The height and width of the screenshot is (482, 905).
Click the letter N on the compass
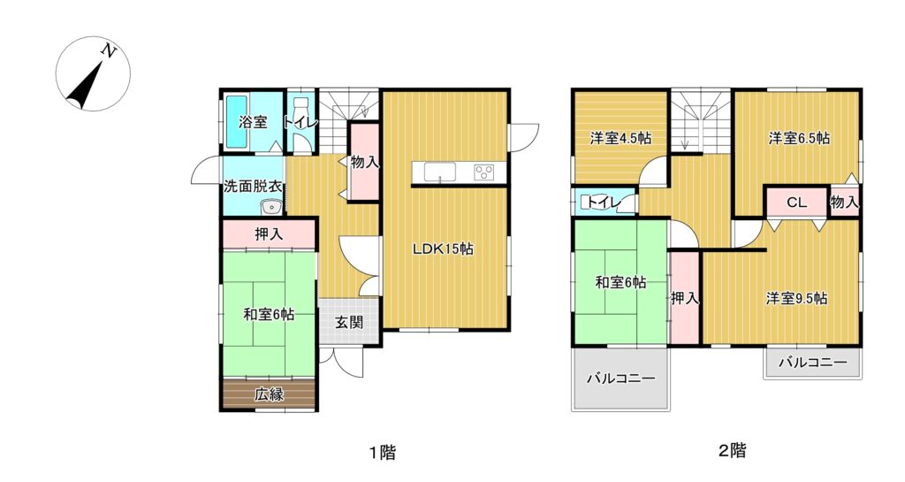[x=108, y=51]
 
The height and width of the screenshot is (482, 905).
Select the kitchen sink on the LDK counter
[x=440, y=172]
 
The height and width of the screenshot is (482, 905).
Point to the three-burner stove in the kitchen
[x=483, y=172]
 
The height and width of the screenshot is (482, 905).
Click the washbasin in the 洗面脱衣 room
[x=270, y=207]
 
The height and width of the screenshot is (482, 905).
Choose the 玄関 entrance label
[x=349, y=322]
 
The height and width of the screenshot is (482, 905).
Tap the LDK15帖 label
[x=443, y=249]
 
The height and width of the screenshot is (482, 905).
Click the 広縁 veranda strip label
[x=269, y=394]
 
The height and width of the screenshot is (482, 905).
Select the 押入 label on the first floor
[x=269, y=233]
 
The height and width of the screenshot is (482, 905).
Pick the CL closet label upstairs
[x=796, y=203]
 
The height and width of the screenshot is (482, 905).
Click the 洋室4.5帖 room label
[x=620, y=139]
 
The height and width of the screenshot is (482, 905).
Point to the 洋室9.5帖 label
[x=796, y=298]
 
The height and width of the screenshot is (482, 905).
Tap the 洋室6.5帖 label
[x=799, y=139]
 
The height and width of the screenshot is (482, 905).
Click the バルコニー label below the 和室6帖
[x=621, y=379]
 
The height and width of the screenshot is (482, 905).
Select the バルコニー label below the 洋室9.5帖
[x=813, y=363]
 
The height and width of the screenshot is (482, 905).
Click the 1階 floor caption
[x=383, y=451]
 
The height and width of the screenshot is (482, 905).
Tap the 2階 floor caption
[x=732, y=449]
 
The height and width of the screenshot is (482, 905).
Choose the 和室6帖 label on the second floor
[x=620, y=283]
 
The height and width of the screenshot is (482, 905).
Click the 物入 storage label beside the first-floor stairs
[x=365, y=163]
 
